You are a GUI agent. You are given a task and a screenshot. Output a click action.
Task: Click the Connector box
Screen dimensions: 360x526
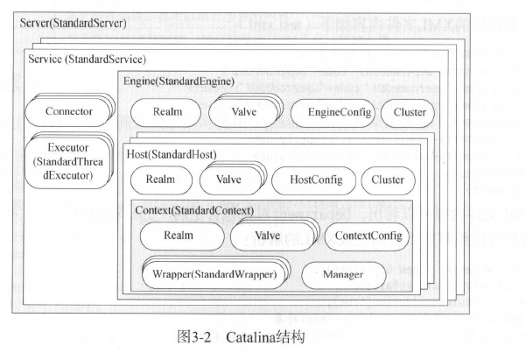point(67,111)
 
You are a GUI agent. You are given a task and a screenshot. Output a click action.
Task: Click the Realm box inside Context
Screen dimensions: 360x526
point(178,236)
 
